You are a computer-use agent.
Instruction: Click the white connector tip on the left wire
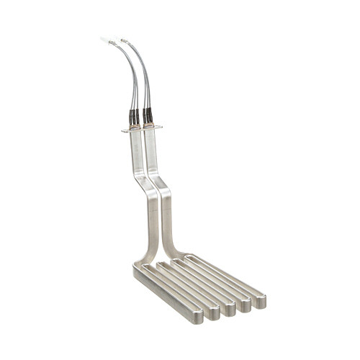[x=105, y=40]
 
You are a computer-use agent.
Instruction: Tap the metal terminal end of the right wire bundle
[x=123, y=40]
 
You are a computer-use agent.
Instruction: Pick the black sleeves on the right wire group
[x=148, y=115]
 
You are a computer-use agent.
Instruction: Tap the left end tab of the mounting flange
[x=125, y=131]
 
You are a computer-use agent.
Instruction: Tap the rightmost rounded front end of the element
[x=260, y=301]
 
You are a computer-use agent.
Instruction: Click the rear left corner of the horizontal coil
[x=138, y=269]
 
